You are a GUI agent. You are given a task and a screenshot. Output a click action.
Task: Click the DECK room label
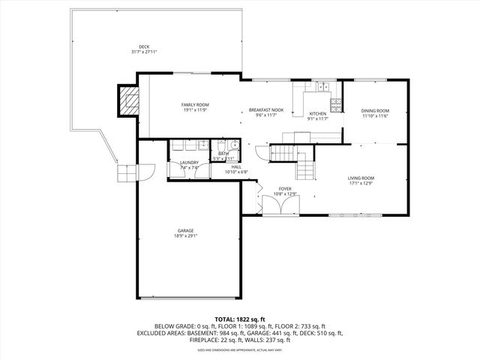pos(143,46)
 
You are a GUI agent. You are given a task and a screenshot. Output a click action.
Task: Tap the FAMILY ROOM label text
pos(195,104)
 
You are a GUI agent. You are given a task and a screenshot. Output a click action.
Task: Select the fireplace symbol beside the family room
pos(130,100)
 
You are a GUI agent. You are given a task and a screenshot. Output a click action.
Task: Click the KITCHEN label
pos(318,113)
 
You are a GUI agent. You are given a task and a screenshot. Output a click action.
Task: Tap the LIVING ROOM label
pos(361,178)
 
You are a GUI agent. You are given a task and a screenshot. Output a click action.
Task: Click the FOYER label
pos(285,188)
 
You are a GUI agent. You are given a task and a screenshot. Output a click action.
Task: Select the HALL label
pos(236,166)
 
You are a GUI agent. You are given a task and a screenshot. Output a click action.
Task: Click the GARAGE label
pos(186,230)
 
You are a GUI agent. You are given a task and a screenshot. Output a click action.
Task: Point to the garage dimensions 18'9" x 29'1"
pos(186,235)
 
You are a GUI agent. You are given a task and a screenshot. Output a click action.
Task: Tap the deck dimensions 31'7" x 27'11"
pos(143,52)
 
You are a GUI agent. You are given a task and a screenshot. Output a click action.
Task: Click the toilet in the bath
pos(233,145)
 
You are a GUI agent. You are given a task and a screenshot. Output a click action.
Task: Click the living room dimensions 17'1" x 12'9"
pos(361,183)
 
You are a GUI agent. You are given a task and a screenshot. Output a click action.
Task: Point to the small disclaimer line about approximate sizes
pos(239,349)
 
